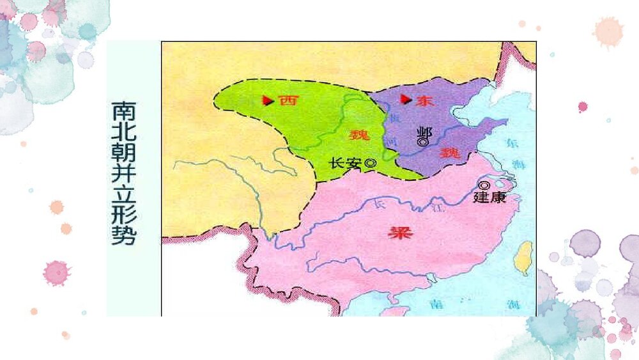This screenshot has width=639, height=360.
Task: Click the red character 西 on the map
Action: pyautogui.click(x=288, y=100)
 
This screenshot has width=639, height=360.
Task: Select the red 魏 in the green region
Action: pyautogui.click(x=358, y=135)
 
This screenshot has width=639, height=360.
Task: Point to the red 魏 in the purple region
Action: pyautogui.click(x=450, y=152)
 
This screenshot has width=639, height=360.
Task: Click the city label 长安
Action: pyautogui.click(x=345, y=164)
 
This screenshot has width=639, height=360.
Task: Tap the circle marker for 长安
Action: pyautogui.click(x=370, y=164)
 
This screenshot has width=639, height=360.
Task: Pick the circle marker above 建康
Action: pyautogui.click(x=483, y=186)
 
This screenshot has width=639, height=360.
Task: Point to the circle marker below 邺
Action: pyautogui.click(x=422, y=143)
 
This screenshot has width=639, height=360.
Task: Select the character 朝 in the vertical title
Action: pyautogui.click(x=123, y=154)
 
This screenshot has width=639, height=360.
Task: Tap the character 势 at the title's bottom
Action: pyautogui.click(x=123, y=236)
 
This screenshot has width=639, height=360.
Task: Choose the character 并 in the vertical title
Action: pyautogui.click(x=123, y=175)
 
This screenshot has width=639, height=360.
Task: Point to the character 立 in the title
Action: pyautogui.click(x=123, y=196)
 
